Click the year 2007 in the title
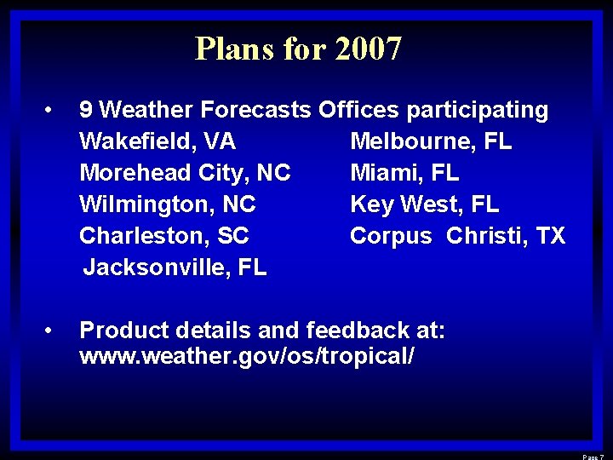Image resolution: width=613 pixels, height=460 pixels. [x=368, y=49]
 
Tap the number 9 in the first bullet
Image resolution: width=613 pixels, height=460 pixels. [x=86, y=110]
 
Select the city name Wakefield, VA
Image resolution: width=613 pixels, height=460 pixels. [x=158, y=141]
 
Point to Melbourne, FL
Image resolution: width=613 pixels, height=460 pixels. [x=431, y=141]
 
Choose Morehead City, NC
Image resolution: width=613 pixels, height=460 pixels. [x=185, y=173]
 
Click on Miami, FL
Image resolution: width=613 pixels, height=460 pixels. [x=404, y=173]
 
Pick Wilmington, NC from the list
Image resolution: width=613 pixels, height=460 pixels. [x=168, y=204]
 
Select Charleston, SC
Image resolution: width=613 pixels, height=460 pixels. [x=164, y=236]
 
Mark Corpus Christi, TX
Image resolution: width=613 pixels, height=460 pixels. [x=457, y=236]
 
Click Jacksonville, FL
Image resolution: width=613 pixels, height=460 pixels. [x=175, y=267]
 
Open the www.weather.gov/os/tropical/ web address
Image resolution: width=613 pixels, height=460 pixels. [x=247, y=356]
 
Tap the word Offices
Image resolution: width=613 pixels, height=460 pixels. [x=358, y=110]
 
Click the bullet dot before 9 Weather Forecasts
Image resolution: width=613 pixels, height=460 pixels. [x=51, y=110]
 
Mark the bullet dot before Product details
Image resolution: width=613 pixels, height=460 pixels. [x=51, y=330]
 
